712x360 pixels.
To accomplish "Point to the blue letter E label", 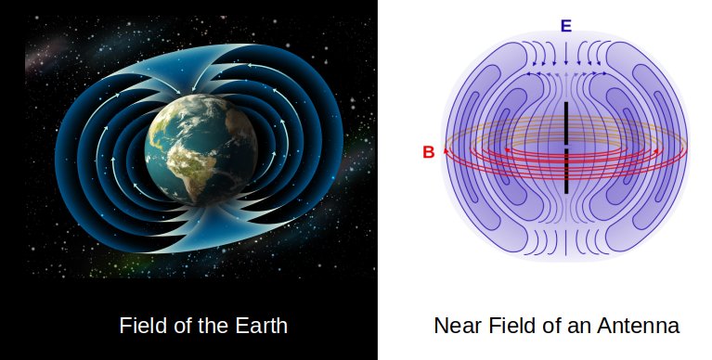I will coord(565,25).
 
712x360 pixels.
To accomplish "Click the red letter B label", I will coord(428,152).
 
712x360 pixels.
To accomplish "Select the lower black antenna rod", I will coord(565,171).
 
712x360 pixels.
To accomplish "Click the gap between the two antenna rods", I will coord(565,147).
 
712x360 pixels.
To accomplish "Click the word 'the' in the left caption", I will coord(214,327).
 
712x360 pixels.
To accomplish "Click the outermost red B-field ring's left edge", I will coord(445,150).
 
